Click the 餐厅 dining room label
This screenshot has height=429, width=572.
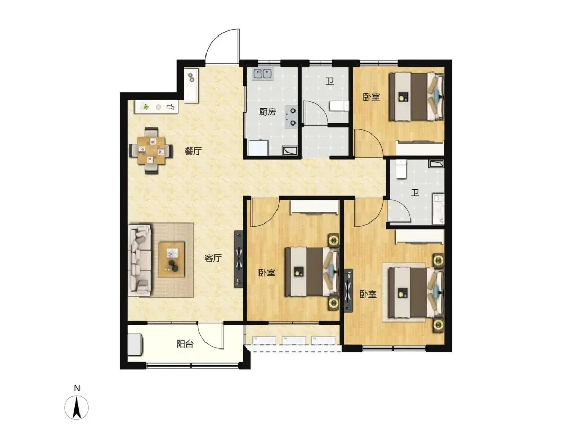[193, 150]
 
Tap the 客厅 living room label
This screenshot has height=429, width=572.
[213, 258]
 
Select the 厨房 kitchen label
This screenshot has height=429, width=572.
[267, 112]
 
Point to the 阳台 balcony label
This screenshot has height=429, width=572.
[185, 344]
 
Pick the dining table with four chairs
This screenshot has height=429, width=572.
[151, 150]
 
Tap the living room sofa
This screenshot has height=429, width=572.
[140, 260]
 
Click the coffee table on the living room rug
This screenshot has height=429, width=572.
[172, 260]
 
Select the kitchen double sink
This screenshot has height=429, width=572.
[263, 74]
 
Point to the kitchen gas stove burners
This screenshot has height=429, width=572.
[292, 117]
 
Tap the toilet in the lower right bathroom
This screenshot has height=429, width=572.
[401, 169]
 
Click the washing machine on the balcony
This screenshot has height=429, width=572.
[135, 344]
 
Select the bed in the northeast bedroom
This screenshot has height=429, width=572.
[416, 96]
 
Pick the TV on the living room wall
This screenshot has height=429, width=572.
[238, 259]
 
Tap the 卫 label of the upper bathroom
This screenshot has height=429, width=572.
[330, 81]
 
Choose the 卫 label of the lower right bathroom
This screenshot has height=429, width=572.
[415, 193]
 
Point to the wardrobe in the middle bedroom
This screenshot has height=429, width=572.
[315, 207]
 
